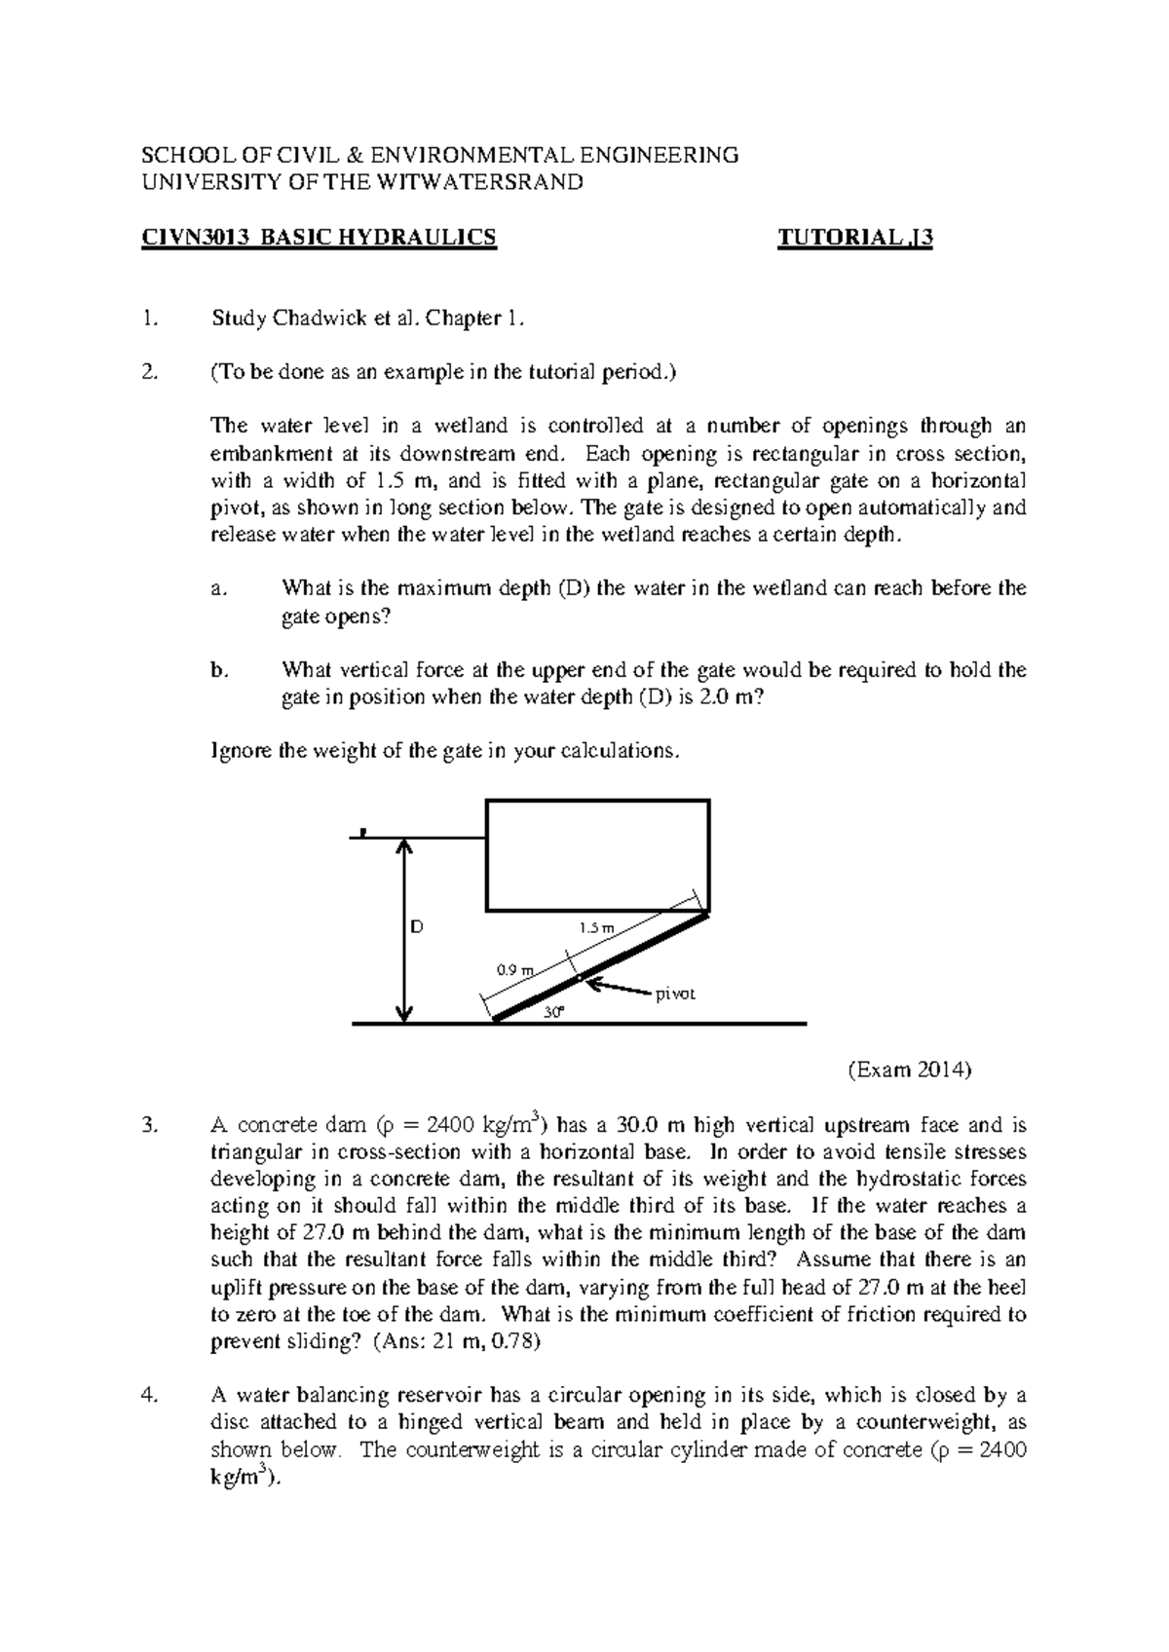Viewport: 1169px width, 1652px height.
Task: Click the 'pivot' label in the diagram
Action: pos(674,995)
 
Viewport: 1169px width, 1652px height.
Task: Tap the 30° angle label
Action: pos(553,1012)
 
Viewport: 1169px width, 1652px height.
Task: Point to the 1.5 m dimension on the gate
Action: pos(597,928)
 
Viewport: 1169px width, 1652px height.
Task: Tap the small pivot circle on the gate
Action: pos(578,977)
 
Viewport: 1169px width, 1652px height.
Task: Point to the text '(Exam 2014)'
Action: pos(909,1070)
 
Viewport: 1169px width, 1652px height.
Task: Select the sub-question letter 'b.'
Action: pos(219,670)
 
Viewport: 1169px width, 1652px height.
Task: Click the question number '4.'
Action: pos(148,1395)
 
